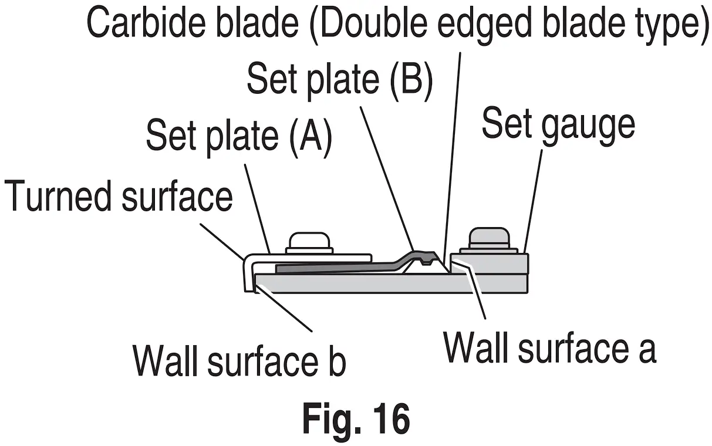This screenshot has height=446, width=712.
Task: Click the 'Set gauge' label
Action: [558, 124]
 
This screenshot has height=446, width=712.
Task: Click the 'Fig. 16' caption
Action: [356, 418]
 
